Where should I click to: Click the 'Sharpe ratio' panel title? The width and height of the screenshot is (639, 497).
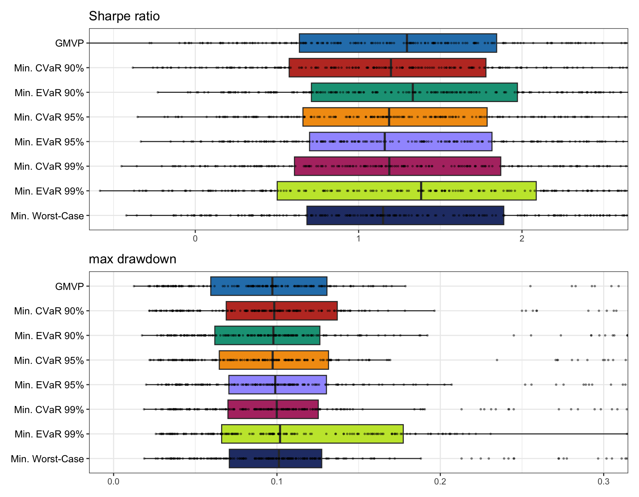pyautogui.click(x=124, y=16)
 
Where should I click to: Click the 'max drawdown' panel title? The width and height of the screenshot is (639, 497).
pyautogui.click(x=132, y=259)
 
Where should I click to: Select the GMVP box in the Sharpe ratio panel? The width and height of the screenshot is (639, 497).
pyautogui.click(x=398, y=43)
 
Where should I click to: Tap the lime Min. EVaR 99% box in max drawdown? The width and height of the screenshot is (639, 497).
pyautogui.click(x=312, y=434)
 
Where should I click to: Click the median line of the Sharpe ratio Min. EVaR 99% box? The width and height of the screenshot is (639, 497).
pyautogui.click(x=421, y=191)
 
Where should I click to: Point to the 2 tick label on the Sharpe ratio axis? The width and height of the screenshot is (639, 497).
pyautogui.click(x=521, y=239)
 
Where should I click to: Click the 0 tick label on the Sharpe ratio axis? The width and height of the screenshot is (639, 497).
pyautogui.click(x=195, y=239)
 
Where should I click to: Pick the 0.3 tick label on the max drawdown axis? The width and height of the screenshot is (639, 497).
pyautogui.click(x=603, y=481)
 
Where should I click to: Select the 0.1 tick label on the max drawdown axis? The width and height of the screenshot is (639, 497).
pyautogui.click(x=277, y=481)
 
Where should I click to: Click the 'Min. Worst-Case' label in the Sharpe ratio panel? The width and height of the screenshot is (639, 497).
pyautogui.click(x=47, y=216)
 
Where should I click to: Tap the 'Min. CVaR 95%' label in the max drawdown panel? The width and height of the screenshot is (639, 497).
pyautogui.click(x=49, y=360)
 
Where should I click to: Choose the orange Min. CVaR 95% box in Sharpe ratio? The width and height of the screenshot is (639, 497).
pyautogui.click(x=395, y=117)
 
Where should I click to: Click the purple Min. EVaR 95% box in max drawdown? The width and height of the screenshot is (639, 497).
pyautogui.click(x=277, y=385)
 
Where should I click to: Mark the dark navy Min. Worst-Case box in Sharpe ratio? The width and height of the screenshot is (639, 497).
pyautogui.click(x=405, y=216)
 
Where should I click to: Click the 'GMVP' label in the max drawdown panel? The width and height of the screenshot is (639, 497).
pyautogui.click(x=69, y=286)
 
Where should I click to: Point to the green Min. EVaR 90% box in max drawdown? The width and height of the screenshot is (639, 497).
pyautogui.click(x=267, y=335)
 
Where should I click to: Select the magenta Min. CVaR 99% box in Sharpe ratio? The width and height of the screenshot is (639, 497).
pyautogui.click(x=397, y=166)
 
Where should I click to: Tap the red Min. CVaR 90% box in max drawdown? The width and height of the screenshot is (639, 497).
pyautogui.click(x=281, y=311)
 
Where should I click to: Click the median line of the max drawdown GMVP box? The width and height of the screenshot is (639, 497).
pyautogui.click(x=272, y=286)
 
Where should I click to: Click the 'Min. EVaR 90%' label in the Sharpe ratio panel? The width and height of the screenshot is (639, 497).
pyautogui.click(x=49, y=93)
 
